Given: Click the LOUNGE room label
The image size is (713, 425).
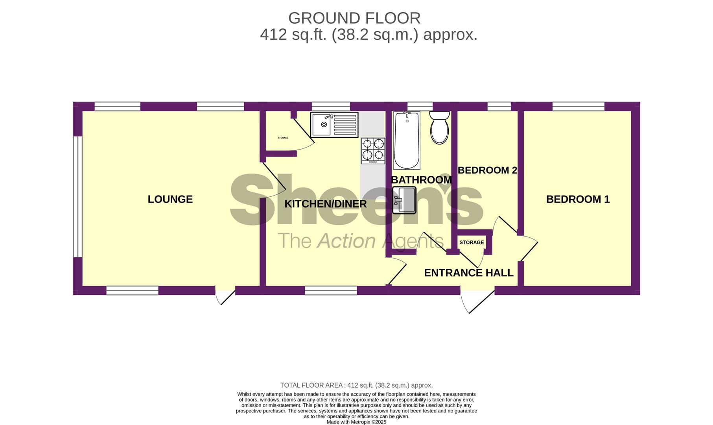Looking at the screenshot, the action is pyautogui.click(x=170, y=199).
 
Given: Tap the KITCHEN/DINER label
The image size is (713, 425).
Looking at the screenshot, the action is pyautogui.click(x=325, y=204).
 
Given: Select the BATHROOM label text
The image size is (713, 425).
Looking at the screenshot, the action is pyautogui.click(x=421, y=180).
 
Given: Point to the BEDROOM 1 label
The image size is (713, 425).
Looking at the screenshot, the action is pyautogui.click(x=578, y=199).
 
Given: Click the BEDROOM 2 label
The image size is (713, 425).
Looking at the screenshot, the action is pyautogui.click(x=487, y=170).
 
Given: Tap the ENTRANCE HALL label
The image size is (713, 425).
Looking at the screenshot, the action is pyautogui.click(x=469, y=273).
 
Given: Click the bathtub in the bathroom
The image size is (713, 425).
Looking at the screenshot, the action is pyautogui.click(x=407, y=140).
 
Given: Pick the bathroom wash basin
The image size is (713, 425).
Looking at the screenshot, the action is pyautogui.click(x=404, y=200).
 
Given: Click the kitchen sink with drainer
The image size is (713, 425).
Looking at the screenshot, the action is pyautogui.click(x=334, y=125).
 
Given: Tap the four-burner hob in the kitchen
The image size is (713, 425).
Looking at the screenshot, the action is pyautogui.click(x=373, y=151).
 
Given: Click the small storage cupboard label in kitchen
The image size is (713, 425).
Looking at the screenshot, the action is pyautogui.click(x=283, y=138).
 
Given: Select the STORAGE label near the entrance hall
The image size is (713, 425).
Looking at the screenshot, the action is pyautogui.click(x=472, y=242).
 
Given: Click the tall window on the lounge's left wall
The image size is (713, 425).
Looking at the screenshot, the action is pyautogui.click(x=78, y=197).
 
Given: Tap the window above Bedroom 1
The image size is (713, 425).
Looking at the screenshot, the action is pyautogui.click(x=578, y=106).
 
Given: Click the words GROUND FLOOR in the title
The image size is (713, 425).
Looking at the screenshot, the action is pyautogui.click(x=354, y=18).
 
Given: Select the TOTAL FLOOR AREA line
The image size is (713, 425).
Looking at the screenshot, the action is pyautogui.click(x=356, y=385).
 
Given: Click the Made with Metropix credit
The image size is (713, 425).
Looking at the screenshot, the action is pyautogui.click(x=356, y=422).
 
